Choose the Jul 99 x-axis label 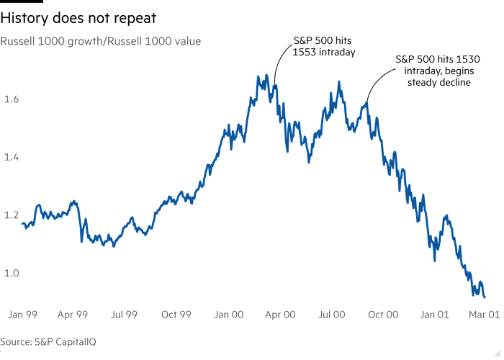125,315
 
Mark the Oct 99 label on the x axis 176,315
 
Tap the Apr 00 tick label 280,315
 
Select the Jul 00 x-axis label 331,315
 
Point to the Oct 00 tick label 383,315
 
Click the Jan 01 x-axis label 435,315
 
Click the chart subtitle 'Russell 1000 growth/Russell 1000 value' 100,42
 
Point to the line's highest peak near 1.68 266,74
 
